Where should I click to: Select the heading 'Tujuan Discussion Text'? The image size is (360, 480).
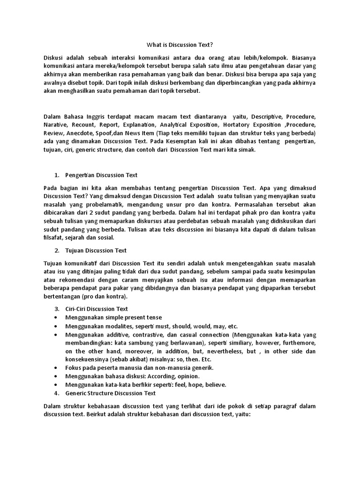click(96, 250)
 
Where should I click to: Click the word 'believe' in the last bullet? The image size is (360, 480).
click(215, 384)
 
